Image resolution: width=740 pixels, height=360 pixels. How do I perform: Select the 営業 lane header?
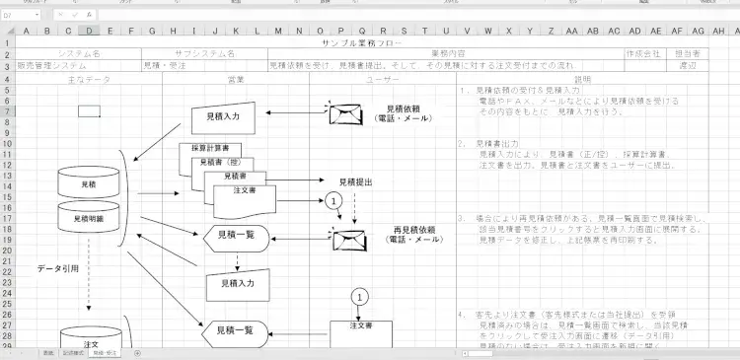pyautogui.click(x=236, y=79)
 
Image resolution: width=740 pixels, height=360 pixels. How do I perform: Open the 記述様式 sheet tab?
pyautogui.click(x=74, y=352)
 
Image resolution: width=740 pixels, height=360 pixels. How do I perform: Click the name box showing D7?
pyautogui.click(x=20, y=15)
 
